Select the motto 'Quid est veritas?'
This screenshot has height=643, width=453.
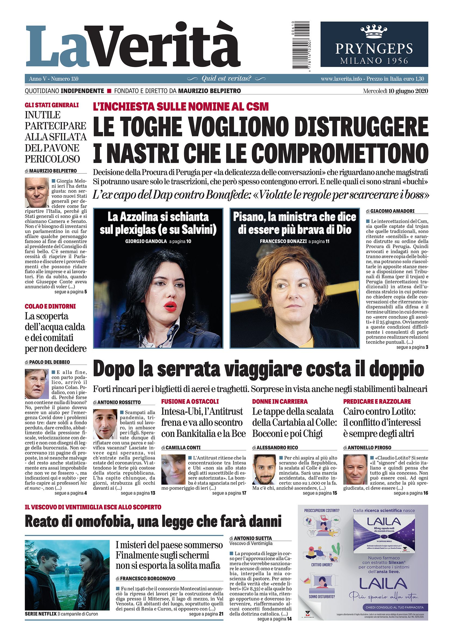226,79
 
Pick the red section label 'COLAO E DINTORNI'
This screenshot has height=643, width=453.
50,306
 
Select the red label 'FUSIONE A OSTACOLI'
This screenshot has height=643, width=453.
190,401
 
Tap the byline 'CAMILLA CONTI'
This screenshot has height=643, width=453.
183,448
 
